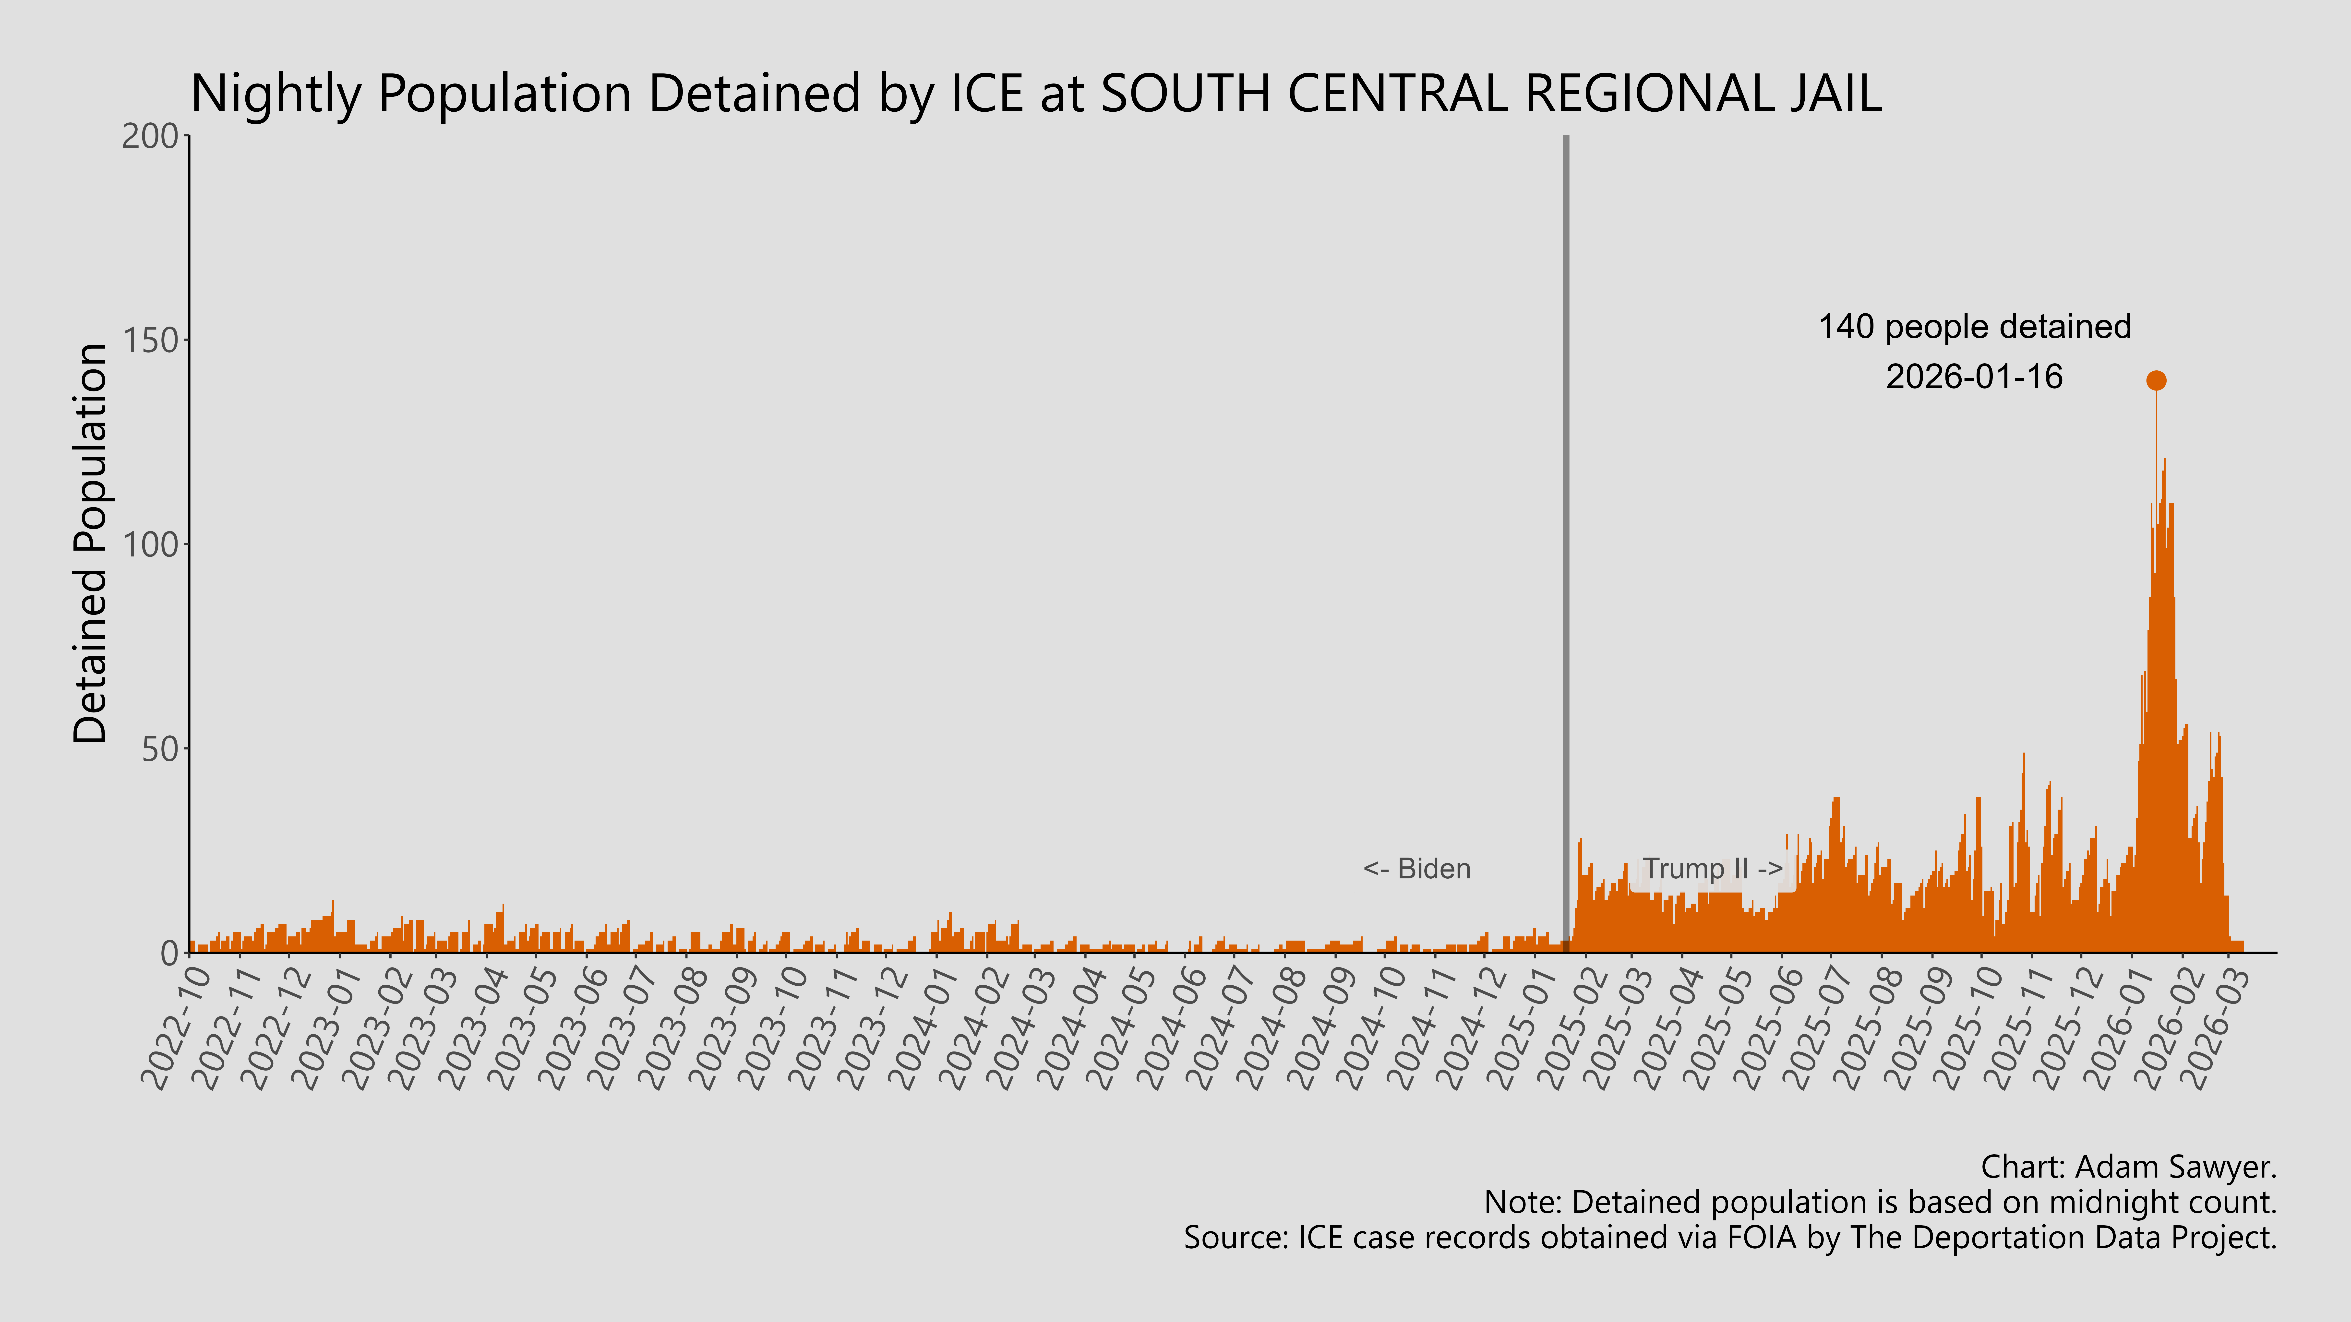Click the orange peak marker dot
click(x=2156, y=380)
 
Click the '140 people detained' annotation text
click(x=1974, y=327)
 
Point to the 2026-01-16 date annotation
click(x=1974, y=377)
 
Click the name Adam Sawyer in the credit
click(x=2172, y=1167)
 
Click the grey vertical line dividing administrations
click(x=1566, y=547)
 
